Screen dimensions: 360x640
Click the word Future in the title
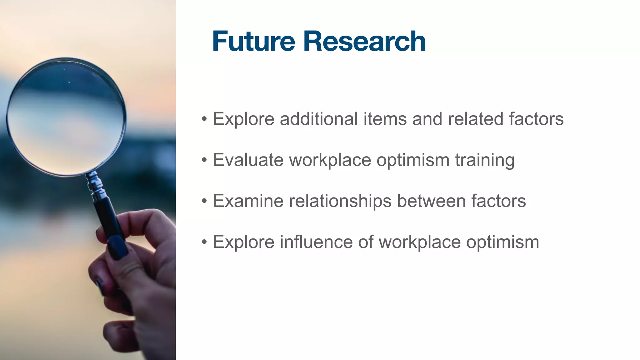tap(253, 41)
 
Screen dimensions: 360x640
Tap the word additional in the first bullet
tap(319, 119)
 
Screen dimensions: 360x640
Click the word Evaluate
tap(248, 160)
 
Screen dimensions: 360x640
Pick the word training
tap(485, 160)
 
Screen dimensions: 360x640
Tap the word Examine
tap(248, 201)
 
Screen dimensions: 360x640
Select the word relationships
tap(340, 201)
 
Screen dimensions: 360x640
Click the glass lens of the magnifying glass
tap(66, 117)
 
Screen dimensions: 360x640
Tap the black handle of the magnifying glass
tap(108, 219)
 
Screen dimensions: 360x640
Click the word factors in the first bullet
tap(536, 119)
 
